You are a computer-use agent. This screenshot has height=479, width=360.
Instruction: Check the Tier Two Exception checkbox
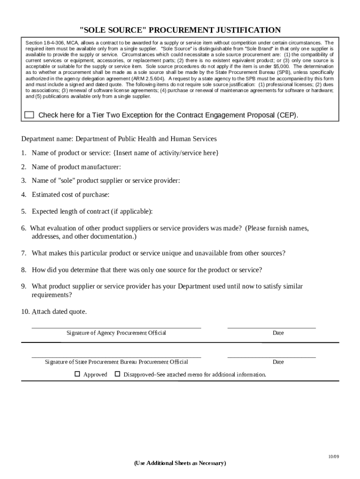click(29, 115)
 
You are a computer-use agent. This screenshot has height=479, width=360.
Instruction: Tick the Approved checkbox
click(78, 374)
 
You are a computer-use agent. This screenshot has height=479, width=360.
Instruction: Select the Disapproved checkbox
click(118, 374)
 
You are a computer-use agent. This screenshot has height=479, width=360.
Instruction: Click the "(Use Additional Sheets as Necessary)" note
click(180, 463)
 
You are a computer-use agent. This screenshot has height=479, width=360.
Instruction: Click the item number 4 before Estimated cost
click(23, 195)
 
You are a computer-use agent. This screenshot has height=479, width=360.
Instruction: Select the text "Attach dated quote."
click(59, 312)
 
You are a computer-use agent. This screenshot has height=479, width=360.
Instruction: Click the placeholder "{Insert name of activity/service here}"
click(166, 153)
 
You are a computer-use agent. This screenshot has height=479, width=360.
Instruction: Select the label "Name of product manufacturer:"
click(76, 167)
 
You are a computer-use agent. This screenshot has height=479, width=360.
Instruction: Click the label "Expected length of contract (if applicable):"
click(92, 211)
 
